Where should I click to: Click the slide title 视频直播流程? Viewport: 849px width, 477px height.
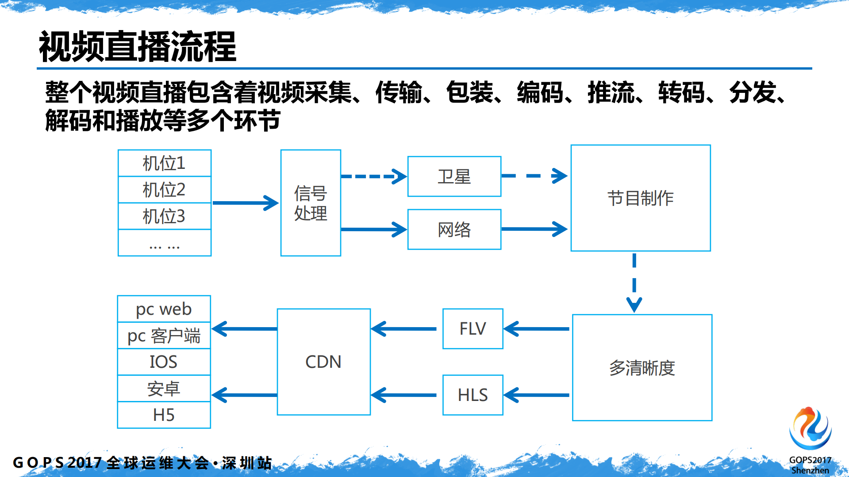(x=138, y=47)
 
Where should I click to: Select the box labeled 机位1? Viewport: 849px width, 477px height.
(x=164, y=163)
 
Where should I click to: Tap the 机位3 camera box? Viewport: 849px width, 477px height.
(x=164, y=216)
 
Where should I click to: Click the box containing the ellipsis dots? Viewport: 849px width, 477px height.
(x=164, y=243)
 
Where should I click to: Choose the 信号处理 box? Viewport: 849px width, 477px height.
(x=311, y=203)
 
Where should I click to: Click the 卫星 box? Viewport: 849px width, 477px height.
(x=454, y=176)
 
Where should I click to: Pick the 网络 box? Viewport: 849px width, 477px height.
(x=454, y=229)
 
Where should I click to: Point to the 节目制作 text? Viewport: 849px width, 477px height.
(x=640, y=198)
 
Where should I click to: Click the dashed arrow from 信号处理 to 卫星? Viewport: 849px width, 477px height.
(x=373, y=176)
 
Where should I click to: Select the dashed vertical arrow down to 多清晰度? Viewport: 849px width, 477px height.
(x=634, y=283)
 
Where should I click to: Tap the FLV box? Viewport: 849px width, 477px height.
(x=473, y=329)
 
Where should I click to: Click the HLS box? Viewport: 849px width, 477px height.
(x=473, y=395)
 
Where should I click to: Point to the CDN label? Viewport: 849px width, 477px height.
(x=323, y=362)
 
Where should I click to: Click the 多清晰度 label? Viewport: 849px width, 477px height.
(x=642, y=368)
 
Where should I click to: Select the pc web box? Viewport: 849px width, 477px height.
(x=164, y=309)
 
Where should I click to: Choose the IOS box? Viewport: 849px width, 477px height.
(x=164, y=362)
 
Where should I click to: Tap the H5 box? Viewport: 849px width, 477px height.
(x=164, y=415)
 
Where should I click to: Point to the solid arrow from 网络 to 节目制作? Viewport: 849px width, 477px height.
(x=534, y=229)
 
